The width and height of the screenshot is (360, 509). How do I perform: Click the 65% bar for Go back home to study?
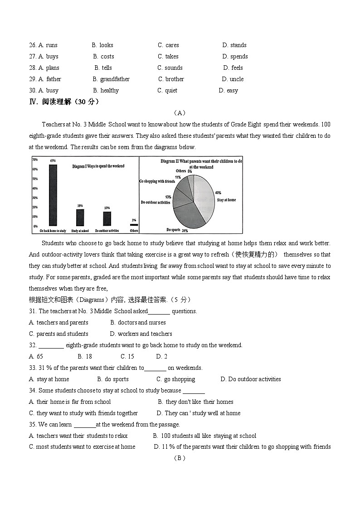point(53,195)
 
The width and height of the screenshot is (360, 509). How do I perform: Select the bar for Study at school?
point(80,218)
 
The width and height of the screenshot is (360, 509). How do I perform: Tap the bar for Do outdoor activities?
point(107,219)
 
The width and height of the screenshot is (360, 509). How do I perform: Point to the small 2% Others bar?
point(134,225)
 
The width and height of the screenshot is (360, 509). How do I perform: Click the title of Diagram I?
point(98,166)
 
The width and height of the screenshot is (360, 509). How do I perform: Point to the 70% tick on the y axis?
point(35,160)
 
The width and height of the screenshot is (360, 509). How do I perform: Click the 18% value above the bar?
point(80,206)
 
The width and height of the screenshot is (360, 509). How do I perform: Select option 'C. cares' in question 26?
point(168,45)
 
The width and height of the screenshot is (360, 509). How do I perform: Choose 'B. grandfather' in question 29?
point(111,79)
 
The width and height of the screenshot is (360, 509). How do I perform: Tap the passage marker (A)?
point(180,113)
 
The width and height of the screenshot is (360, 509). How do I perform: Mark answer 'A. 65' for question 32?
point(36,357)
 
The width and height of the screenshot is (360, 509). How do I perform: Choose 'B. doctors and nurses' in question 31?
point(138,323)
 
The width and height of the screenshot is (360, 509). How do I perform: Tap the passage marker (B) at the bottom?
point(180,458)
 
